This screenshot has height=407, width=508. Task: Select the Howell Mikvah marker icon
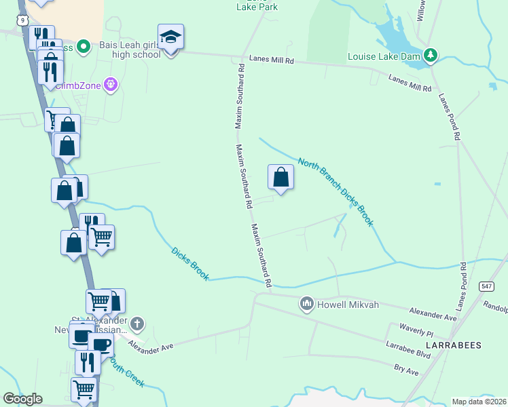coord(306,303)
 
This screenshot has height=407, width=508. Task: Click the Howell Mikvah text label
coord(348,305)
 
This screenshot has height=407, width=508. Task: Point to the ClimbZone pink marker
coord(112,85)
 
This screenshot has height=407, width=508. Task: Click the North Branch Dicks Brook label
coord(335,193)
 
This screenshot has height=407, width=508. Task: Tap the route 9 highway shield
coord(23,20)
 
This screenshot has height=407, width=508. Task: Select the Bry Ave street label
coord(406,371)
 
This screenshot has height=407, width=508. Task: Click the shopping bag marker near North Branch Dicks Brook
coord(281,178)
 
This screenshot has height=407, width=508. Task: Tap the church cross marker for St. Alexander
coord(137,324)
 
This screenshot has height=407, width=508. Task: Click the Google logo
coord(22,399)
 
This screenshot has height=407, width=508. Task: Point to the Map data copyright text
coord(479,402)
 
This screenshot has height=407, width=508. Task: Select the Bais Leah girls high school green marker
coord(84,46)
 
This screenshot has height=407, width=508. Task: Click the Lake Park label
coord(257,7)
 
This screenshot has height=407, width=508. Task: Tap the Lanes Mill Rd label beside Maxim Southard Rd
coord(271,60)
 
